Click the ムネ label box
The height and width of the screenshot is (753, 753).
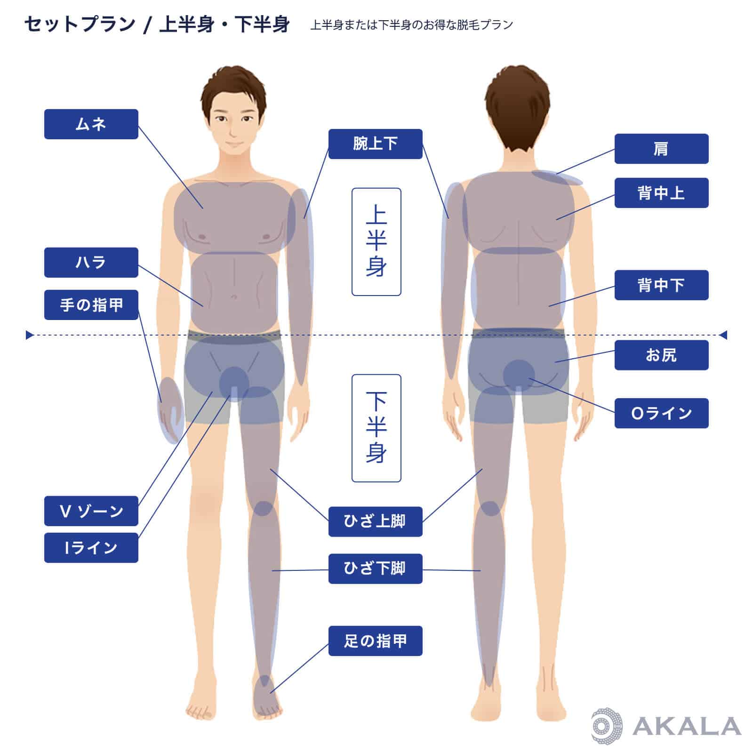click(91, 124)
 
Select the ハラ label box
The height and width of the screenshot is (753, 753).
click(91, 263)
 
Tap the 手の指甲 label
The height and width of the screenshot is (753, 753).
click(91, 305)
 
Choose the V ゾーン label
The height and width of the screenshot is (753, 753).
click(91, 511)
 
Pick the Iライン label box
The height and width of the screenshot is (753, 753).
click(91, 548)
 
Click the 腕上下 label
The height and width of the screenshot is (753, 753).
click(376, 144)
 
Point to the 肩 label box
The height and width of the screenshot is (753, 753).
click(662, 149)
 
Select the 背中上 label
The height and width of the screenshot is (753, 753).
click(662, 193)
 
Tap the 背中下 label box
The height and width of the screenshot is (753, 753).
click(662, 285)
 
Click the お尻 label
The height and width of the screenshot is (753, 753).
click(662, 355)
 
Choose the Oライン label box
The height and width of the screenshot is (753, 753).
click(662, 413)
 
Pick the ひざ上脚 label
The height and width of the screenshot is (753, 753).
click(376, 521)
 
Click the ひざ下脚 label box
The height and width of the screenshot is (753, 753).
click(376, 569)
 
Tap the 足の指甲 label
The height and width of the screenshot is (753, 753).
click(376, 641)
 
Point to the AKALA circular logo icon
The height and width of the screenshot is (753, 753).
click(607, 726)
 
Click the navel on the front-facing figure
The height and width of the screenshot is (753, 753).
click(234, 296)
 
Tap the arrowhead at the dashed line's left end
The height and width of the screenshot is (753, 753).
click(29, 335)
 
